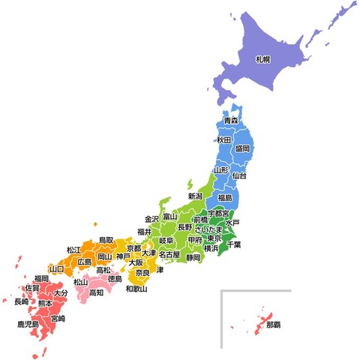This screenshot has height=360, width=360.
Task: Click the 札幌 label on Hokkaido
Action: point(262,58)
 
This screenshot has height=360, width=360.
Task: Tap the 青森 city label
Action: point(231,120)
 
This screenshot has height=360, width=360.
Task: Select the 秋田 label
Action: point(224,140)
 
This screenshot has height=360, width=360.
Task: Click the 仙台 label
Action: point(239,175)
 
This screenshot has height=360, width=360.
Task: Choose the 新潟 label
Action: point(195,196)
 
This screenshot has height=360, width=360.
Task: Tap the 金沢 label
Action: point(152,218)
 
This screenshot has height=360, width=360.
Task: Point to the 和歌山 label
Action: point(136,289)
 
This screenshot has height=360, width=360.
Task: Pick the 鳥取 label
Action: point(106,240)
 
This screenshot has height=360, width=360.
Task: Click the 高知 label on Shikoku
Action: point(96,292)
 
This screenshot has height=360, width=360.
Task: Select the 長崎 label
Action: point(21,301)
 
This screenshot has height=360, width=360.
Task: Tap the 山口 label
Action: point(56,268)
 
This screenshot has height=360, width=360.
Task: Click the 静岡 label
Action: point(193,257)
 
